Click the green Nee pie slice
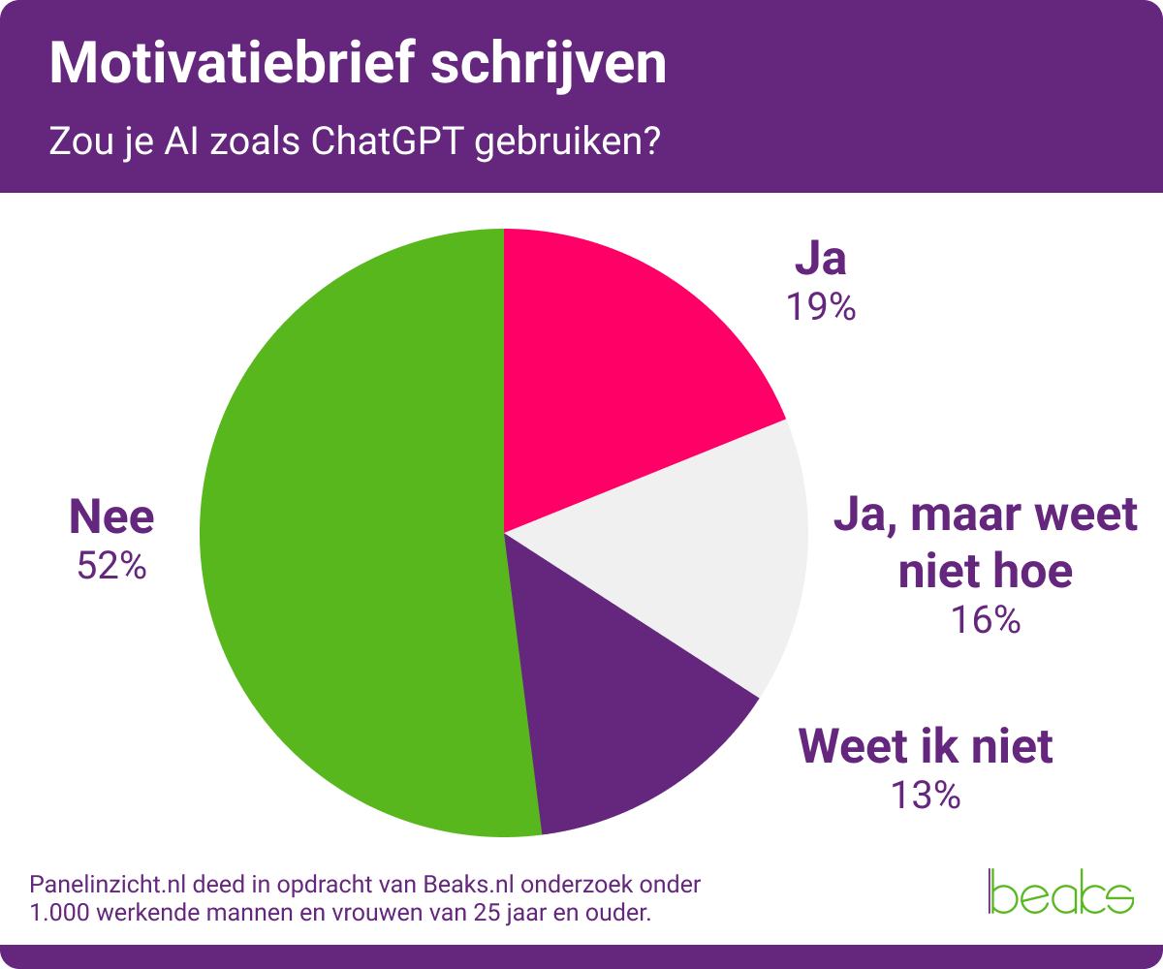click(x=349, y=543)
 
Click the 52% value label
click(x=111, y=566)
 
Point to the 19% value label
click(x=821, y=307)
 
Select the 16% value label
click(x=986, y=620)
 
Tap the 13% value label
click(x=925, y=796)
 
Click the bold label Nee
click(x=111, y=517)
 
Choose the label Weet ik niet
click(x=925, y=747)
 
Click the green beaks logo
click(x=1060, y=891)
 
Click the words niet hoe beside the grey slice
click(x=986, y=571)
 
